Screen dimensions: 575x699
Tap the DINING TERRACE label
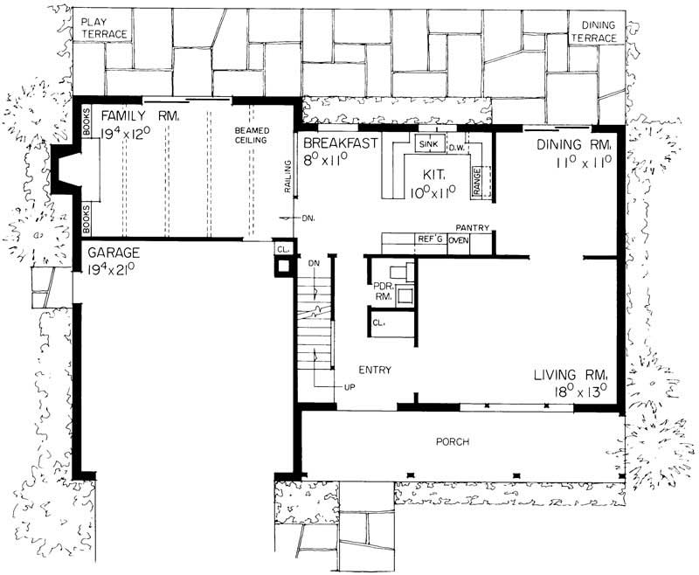click(x=594, y=32)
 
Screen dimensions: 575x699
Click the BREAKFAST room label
click(x=340, y=143)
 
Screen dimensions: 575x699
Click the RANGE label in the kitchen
click(x=477, y=178)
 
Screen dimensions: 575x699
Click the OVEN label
click(x=459, y=239)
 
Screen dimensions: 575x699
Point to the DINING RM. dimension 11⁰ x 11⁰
click(x=585, y=163)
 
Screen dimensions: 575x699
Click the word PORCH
click(x=453, y=442)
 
